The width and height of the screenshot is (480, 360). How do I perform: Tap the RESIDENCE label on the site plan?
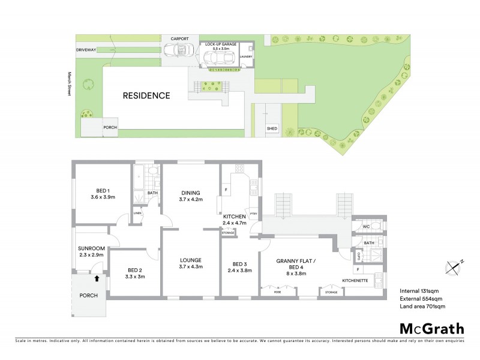[147, 95]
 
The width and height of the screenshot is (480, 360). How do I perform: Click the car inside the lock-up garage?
[217, 58]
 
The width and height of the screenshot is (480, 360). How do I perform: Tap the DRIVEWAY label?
[86, 49]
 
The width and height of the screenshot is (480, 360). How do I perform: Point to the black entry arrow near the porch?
[97, 277]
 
